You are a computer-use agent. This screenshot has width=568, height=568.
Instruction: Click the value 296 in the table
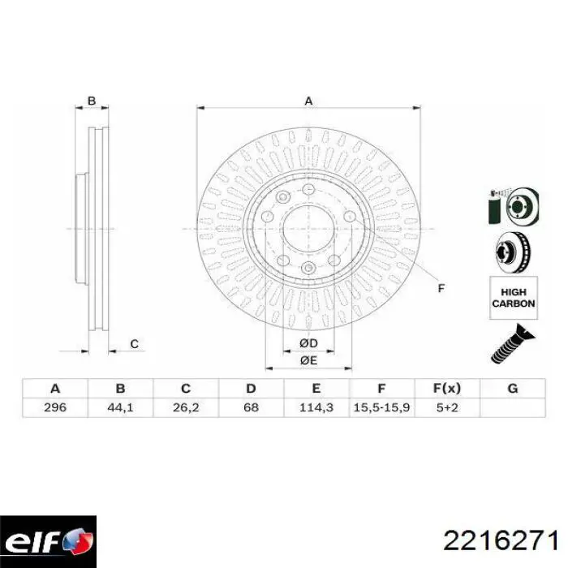[x=54, y=407]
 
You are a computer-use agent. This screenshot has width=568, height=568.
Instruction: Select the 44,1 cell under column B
[x=120, y=407]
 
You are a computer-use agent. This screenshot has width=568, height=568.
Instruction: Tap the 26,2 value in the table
[x=186, y=407]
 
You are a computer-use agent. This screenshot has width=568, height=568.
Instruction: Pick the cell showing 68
[x=252, y=407]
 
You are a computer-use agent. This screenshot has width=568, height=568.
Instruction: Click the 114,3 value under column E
[x=316, y=407]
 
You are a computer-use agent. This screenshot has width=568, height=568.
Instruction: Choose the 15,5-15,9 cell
[x=382, y=407]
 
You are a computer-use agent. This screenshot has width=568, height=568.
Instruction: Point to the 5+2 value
[x=447, y=407]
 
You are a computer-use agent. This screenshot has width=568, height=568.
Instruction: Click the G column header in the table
[x=512, y=388]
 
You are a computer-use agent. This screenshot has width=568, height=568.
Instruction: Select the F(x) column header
[x=447, y=388]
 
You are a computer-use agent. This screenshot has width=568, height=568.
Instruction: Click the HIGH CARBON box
[x=513, y=298]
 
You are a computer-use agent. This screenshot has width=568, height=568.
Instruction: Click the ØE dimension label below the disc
[x=308, y=360]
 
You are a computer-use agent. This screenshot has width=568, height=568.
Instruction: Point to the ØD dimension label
[x=308, y=342]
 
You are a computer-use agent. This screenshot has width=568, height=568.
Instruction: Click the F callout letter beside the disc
[x=441, y=288]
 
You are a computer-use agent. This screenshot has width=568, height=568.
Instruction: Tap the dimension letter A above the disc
[x=308, y=101]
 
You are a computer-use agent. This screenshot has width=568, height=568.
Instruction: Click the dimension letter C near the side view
[x=135, y=345]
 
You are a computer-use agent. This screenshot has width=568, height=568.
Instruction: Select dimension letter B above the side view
[x=92, y=101]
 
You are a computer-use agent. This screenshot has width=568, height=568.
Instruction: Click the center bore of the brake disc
[x=308, y=228]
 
